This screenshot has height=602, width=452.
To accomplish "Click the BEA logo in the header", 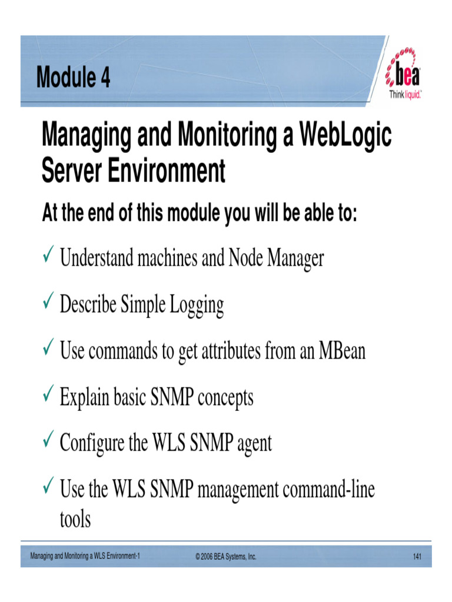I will (x=403, y=75).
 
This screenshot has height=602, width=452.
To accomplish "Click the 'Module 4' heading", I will (x=73, y=77).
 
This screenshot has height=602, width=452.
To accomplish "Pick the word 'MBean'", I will (x=342, y=351).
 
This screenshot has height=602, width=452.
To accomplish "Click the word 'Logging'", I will (x=197, y=305).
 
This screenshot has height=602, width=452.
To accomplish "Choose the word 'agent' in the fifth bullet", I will (x=254, y=444).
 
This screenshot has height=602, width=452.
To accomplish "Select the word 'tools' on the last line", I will (x=75, y=519).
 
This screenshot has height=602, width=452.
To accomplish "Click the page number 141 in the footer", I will (x=418, y=556).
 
